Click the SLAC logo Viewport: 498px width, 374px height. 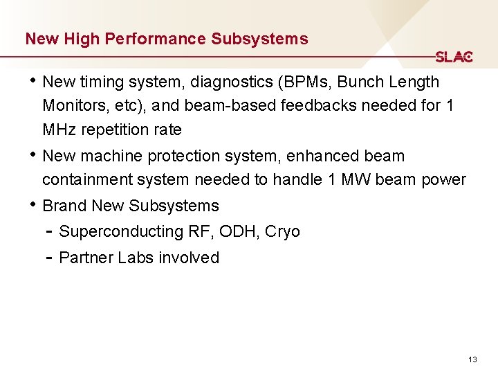(x=454, y=57)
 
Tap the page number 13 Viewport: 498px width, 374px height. (x=473, y=359)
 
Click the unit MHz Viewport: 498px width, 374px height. (x=61, y=130)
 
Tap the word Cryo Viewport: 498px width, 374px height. (x=282, y=231)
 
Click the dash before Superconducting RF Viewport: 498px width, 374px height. (x=49, y=231)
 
